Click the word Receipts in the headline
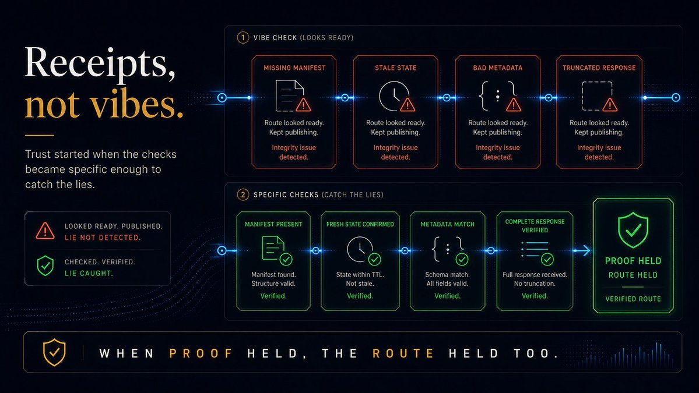tap(100, 63)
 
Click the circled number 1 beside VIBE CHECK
tap(243, 37)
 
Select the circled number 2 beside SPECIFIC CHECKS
tap(243, 194)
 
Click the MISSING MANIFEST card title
tap(294, 68)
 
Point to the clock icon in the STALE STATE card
tap(394, 95)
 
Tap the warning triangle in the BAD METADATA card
tap(514, 105)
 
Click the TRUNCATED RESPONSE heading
tap(599, 68)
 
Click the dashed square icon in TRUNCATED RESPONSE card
tap(597, 95)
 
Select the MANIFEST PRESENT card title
tap(274, 224)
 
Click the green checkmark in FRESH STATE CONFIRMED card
tap(374, 259)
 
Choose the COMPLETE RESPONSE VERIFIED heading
tap(535, 226)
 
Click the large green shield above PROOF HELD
tap(633, 229)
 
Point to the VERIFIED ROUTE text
tap(633, 299)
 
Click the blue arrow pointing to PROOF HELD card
tap(582, 250)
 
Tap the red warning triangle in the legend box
tap(45, 231)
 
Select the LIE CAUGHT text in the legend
tap(89, 273)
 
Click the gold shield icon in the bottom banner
tap(54, 352)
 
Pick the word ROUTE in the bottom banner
tap(403, 353)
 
